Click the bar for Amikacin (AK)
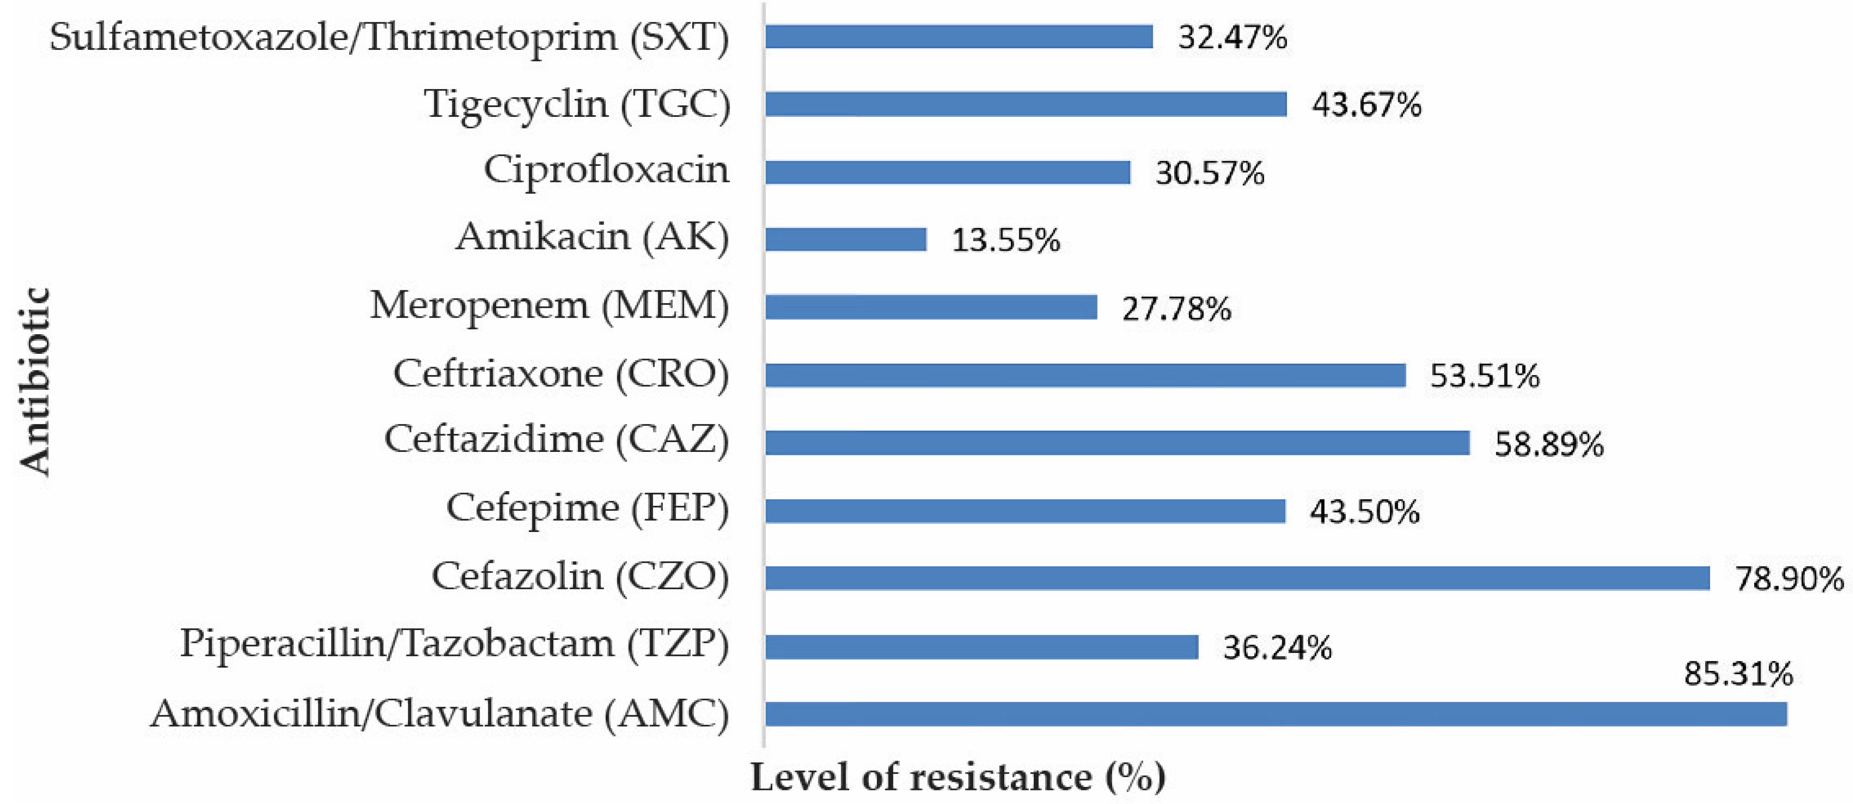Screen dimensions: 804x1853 click(845, 240)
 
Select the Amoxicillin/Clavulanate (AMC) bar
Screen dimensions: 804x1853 click(1275, 714)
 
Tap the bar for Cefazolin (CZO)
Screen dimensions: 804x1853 click(1237, 578)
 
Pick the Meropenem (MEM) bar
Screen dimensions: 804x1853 click(931, 307)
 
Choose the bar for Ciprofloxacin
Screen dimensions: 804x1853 click(947, 173)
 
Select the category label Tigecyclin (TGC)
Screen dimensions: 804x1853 click(577, 104)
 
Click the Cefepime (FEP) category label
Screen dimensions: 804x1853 click(587, 509)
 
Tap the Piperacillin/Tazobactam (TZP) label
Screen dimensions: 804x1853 click(454, 644)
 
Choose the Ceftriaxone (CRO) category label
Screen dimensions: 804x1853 click(561, 374)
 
